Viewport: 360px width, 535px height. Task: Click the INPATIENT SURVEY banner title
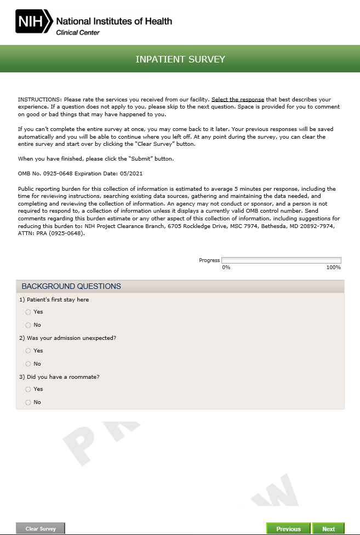click(180, 59)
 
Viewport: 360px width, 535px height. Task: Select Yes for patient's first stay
click(28, 312)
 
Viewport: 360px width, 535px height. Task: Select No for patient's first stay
click(28, 325)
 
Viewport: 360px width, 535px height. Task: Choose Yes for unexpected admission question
click(28, 351)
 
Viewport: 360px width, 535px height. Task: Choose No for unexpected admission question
click(28, 364)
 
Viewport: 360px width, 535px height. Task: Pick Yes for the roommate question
click(28, 389)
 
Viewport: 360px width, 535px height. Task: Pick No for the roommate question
click(28, 402)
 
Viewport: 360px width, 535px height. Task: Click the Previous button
click(288, 529)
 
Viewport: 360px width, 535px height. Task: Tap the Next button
click(328, 529)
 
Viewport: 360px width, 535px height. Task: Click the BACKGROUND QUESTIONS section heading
click(71, 286)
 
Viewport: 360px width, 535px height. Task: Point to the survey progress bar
click(281, 260)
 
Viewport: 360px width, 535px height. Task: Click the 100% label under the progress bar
click(333, 267)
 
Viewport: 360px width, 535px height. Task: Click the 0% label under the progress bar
click(226, 267)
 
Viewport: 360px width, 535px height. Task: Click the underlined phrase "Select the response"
click(238, 99)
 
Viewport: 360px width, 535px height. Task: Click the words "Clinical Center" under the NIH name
click(78, 33)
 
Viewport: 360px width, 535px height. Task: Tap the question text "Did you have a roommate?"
click(62, 377)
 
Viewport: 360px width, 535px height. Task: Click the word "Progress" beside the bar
click(209, 260)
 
